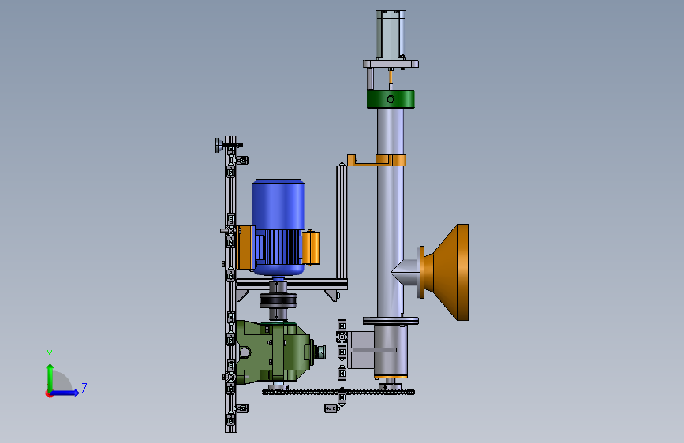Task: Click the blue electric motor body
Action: coord(278,227)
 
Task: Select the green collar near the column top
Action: coord(391,99)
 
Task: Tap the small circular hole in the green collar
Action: coord(391,99)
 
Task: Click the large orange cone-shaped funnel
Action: coord(448,272)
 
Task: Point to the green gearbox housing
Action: coord(273,352)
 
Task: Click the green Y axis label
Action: coord(50,355)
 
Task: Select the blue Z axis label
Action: coord(84,388)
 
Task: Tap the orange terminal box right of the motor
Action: coord(311,248)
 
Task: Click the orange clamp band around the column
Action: coord(391,160)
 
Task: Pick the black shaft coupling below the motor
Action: coord(278,301)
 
